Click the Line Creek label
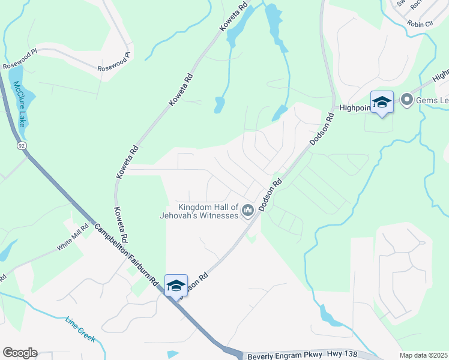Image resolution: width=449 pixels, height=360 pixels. [x=80, y=329]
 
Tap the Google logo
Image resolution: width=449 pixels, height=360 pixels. [x=20, y=353]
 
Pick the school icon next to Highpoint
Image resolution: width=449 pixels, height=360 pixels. [x=381, y=103]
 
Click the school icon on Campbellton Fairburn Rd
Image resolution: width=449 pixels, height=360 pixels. [x=176, y=286]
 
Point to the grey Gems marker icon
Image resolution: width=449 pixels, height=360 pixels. [x=406, y=100]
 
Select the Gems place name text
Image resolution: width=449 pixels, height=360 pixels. [x=430, y=100]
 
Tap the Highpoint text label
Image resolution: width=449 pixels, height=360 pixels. [x=354, y=108]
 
